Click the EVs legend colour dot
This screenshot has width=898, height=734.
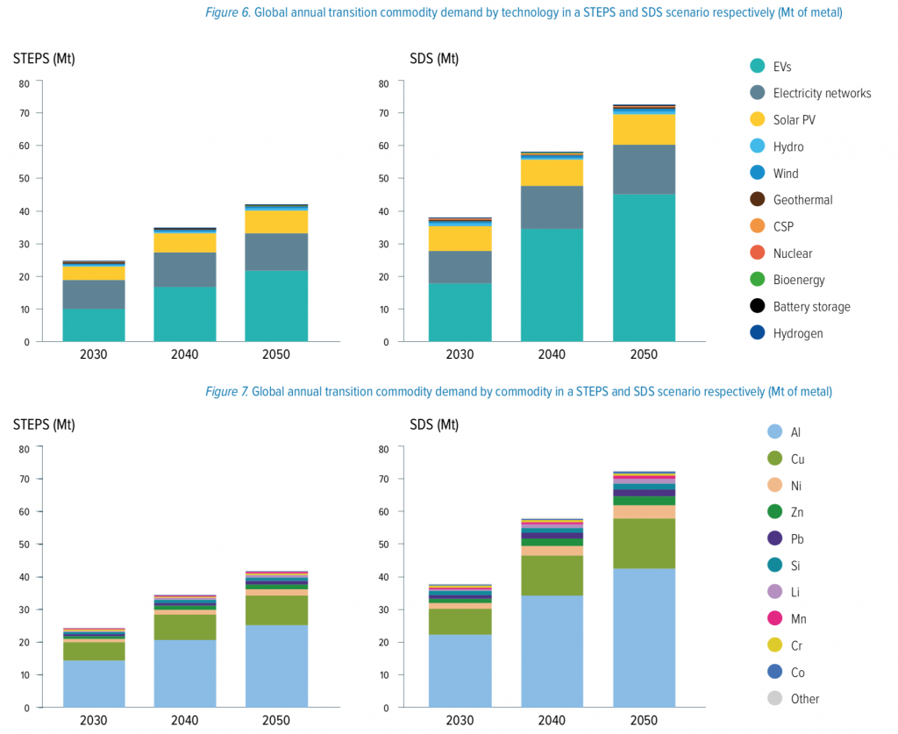tap(756, 66)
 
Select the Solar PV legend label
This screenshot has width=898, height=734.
tap(794, 119)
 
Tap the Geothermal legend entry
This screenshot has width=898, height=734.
tap(802, 200)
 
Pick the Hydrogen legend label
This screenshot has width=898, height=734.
tap(798, 333)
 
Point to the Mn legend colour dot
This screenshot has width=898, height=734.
tap(774, 618)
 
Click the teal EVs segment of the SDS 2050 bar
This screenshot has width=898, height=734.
tap(644, 267)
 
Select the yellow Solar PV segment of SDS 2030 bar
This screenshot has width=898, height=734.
tap(460, 239)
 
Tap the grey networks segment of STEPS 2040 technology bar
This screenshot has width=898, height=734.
tap(185, 270)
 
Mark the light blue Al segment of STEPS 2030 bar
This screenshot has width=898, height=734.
tap(94, 684)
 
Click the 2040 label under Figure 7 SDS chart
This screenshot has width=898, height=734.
tap(552, 721)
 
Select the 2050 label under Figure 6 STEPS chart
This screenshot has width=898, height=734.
tap(276, 355)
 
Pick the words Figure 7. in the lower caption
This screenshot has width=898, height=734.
tap(227, 391)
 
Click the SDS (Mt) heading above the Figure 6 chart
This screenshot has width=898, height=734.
tap(434, 59)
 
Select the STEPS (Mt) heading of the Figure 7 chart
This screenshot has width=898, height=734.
tap(44, 424)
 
